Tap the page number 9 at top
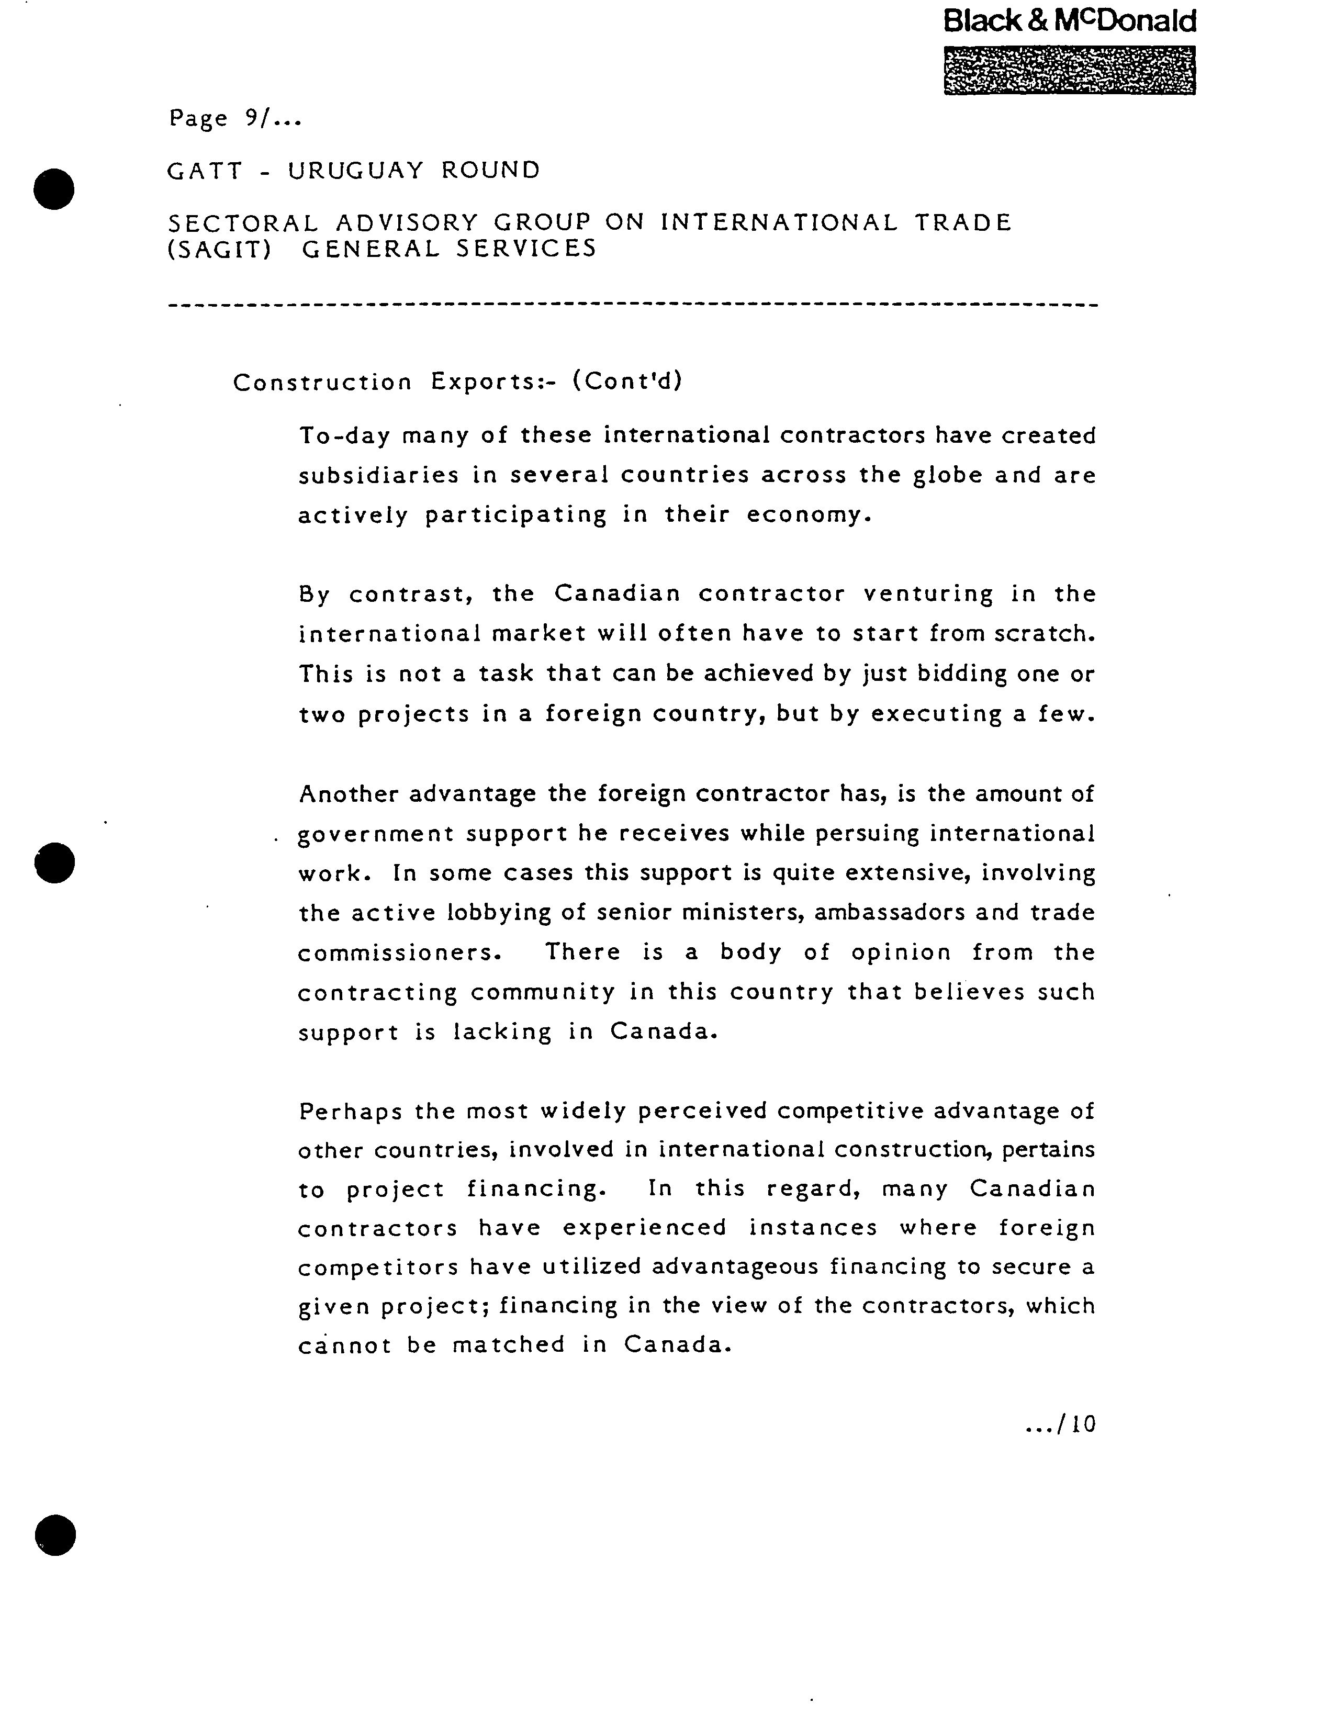coord(251,118)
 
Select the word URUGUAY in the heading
coord(355,170)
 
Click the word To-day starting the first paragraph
coord(344,436)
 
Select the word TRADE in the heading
coord(962,223)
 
